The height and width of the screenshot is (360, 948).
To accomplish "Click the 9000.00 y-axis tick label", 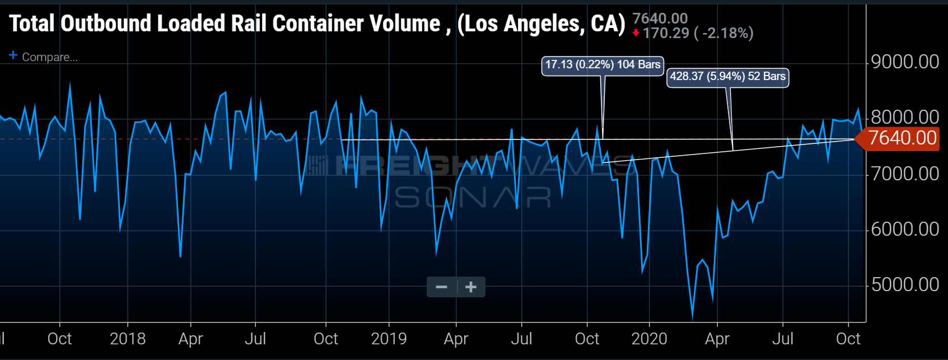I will tap(904, 62).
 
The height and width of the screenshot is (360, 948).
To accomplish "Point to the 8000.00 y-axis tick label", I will tap(904, 117).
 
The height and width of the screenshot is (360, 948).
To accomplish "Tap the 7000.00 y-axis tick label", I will tap(904, 174).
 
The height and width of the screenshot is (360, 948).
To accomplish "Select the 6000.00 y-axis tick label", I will tap(904, 229).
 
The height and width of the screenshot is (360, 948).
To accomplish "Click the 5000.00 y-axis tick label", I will tap(904, 284).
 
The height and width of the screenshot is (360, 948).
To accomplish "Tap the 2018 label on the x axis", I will tap(128, 339).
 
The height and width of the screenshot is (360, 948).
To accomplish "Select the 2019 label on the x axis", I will tap(389, 339).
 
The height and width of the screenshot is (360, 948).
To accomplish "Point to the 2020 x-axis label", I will tap(649, 339).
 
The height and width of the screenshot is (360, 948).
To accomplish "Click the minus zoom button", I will tap(442, 287).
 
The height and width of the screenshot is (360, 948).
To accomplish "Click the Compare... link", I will tap(49, 57).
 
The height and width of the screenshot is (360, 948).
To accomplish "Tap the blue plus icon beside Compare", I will tap(13, 55).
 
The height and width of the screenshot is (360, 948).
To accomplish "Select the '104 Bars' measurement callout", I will tap(603, 65).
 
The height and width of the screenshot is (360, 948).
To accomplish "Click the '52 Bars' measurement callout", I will tap(727, 77).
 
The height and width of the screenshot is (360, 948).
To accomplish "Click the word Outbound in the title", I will tap(110, 24).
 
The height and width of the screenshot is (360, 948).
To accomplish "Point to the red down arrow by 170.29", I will tap(636, 33).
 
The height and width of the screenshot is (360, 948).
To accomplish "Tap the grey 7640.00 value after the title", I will tap(660, 18).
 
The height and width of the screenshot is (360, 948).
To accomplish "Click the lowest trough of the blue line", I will tap(693, 317).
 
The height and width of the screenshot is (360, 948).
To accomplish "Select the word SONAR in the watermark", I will tap(473, 197).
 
